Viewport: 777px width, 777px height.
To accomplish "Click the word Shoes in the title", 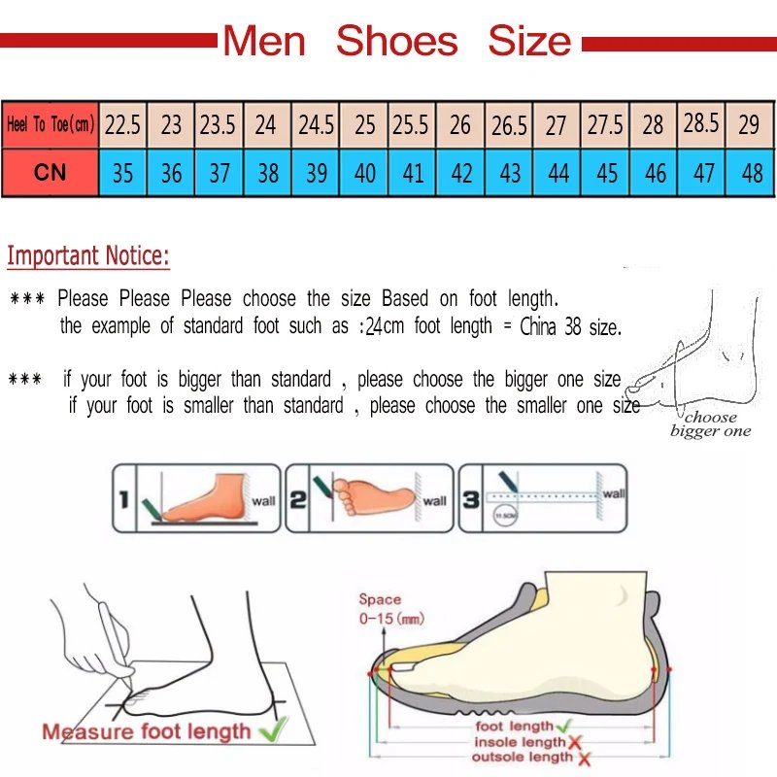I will (396, 42).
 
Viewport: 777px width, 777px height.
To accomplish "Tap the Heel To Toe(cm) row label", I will (50, 125).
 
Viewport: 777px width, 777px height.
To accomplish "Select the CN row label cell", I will (50, 172).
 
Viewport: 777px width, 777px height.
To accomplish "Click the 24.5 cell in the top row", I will (317, 125).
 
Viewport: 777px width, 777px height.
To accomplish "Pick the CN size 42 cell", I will (462, 173).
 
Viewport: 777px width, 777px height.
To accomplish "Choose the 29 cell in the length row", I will (749, 125).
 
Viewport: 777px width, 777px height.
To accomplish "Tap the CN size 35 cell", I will (122, 173).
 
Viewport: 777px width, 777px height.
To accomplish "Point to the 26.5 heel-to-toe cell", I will (509, 125).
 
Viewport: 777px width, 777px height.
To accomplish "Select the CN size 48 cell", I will (751, 173).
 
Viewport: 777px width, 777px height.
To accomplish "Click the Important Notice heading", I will (88, 257).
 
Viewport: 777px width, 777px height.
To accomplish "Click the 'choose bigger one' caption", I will (710, 424).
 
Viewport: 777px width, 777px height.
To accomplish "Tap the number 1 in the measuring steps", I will (123, 500).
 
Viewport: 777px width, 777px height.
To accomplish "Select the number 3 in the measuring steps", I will (470, 500).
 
